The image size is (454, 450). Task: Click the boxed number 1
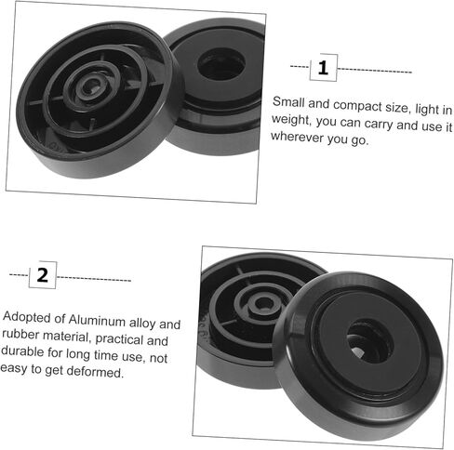click(x=323, y=68)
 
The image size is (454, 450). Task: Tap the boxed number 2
click(x=43, y=275)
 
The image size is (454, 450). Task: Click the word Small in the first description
click(x=288, y=102)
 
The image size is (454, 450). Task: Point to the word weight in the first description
click(x=291, y=120)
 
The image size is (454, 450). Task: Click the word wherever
click(x=297, y=137)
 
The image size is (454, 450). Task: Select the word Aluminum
click(x=97, y=320)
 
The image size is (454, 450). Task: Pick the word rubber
click(x=20, y=335)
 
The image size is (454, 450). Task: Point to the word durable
click(x=22, y=351)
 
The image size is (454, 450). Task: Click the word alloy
click(x=142, y=324)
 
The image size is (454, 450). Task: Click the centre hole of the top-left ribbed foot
click(x=92, y=86)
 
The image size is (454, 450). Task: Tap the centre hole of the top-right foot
click(x=221, y=64)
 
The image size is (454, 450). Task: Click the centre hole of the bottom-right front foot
click(x=369, y=341)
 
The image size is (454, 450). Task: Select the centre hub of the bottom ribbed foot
click(x=264, y=303)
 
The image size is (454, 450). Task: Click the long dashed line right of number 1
click(x=374, y=71)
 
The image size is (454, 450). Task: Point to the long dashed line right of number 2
click(x=94, y=279)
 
